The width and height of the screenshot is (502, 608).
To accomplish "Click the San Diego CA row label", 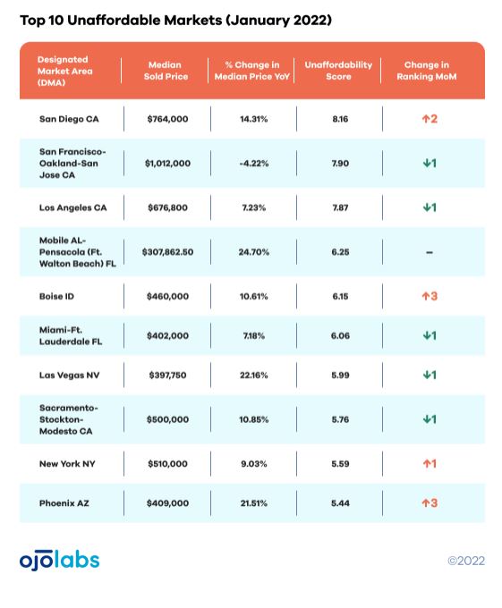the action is (69, 119).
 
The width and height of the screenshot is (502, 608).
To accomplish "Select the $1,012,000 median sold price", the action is (167, 164).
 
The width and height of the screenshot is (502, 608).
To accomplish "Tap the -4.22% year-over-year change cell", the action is (254, 164).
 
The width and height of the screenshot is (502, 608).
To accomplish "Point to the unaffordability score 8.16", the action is (340, 119).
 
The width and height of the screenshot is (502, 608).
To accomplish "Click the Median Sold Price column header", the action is (166, 71).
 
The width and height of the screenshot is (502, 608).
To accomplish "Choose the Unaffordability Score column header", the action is (338, 71).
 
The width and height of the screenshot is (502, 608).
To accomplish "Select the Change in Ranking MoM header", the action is (426, 71).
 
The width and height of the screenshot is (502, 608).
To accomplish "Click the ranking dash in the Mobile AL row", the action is (429, 252).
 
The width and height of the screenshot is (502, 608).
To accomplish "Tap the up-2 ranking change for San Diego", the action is (430, 119).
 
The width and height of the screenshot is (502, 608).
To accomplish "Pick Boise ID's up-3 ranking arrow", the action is (430, 296).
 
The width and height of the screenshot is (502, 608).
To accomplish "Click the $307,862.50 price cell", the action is (167, 252).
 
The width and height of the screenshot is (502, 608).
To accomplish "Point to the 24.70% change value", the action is (254, 252).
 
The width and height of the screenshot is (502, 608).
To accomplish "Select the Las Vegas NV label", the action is (69, 375).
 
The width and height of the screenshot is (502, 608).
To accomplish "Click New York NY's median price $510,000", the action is (167, 464).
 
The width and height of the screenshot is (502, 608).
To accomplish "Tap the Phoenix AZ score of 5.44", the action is (340, 503).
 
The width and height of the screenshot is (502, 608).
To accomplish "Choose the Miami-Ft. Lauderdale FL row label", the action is (71, 336).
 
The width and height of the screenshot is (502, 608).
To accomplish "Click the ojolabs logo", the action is (59, 560).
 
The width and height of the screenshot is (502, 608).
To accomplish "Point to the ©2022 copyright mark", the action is (466, 561).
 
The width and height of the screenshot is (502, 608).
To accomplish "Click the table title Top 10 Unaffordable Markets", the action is (121, 21).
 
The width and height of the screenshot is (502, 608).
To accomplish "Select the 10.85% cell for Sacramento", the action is (254, 419).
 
